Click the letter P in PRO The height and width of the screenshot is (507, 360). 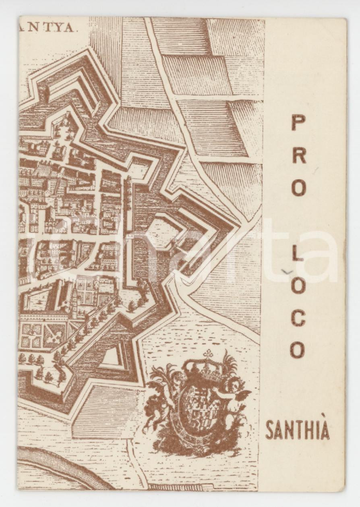[x=298, y=122]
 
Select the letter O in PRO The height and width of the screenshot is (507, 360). [x=298, y=187]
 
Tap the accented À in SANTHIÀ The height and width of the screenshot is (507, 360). [x=325, y=430]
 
